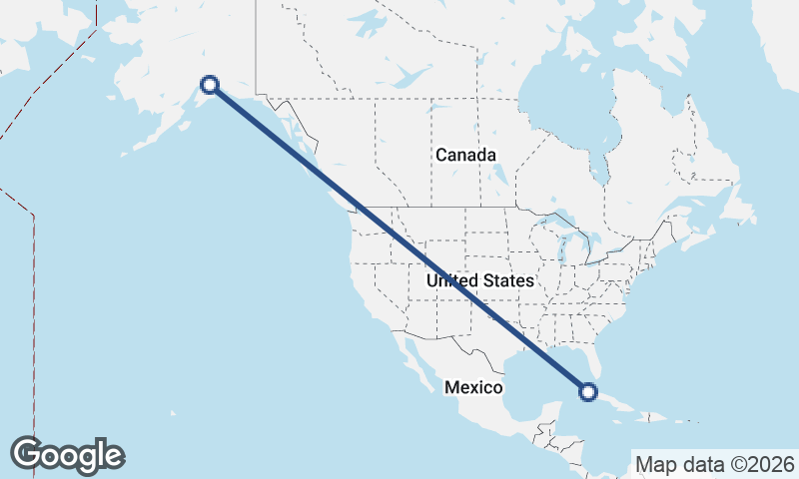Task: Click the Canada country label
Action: pos(465,156)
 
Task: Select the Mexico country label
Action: pos(472,387)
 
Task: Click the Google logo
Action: pos(67,455)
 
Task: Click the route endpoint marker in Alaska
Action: pos(210,85)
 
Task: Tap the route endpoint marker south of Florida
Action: pos(588,392)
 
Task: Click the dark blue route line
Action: pos(399,239)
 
